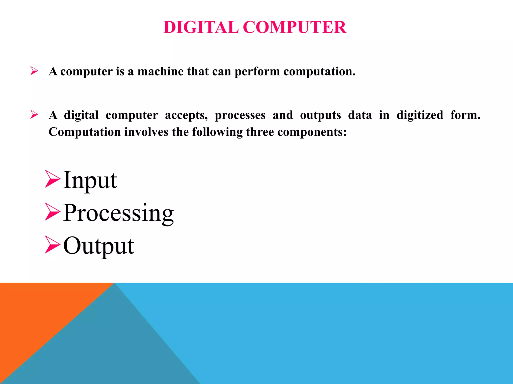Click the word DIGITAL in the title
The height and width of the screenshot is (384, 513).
[x=201, y=27]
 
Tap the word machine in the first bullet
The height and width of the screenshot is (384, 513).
[x=160, y=71]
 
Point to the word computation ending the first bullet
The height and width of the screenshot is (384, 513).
[x=319, y=72]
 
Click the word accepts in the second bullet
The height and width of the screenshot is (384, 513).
[x=186, y=115]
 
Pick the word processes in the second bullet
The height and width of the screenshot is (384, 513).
[x=240, y=115]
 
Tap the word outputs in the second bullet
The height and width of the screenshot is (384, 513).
[x=320, y=115]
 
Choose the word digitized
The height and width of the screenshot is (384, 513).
[x=420, y=115]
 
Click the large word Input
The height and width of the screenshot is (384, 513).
[x=90, y=180]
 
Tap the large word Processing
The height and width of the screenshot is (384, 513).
[x=118, y=213]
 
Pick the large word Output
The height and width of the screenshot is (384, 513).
[x=99, y=246]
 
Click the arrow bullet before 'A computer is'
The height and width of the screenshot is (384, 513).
[x=34, y=71]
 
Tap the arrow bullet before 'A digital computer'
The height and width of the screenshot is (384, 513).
[x=34, y=115]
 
